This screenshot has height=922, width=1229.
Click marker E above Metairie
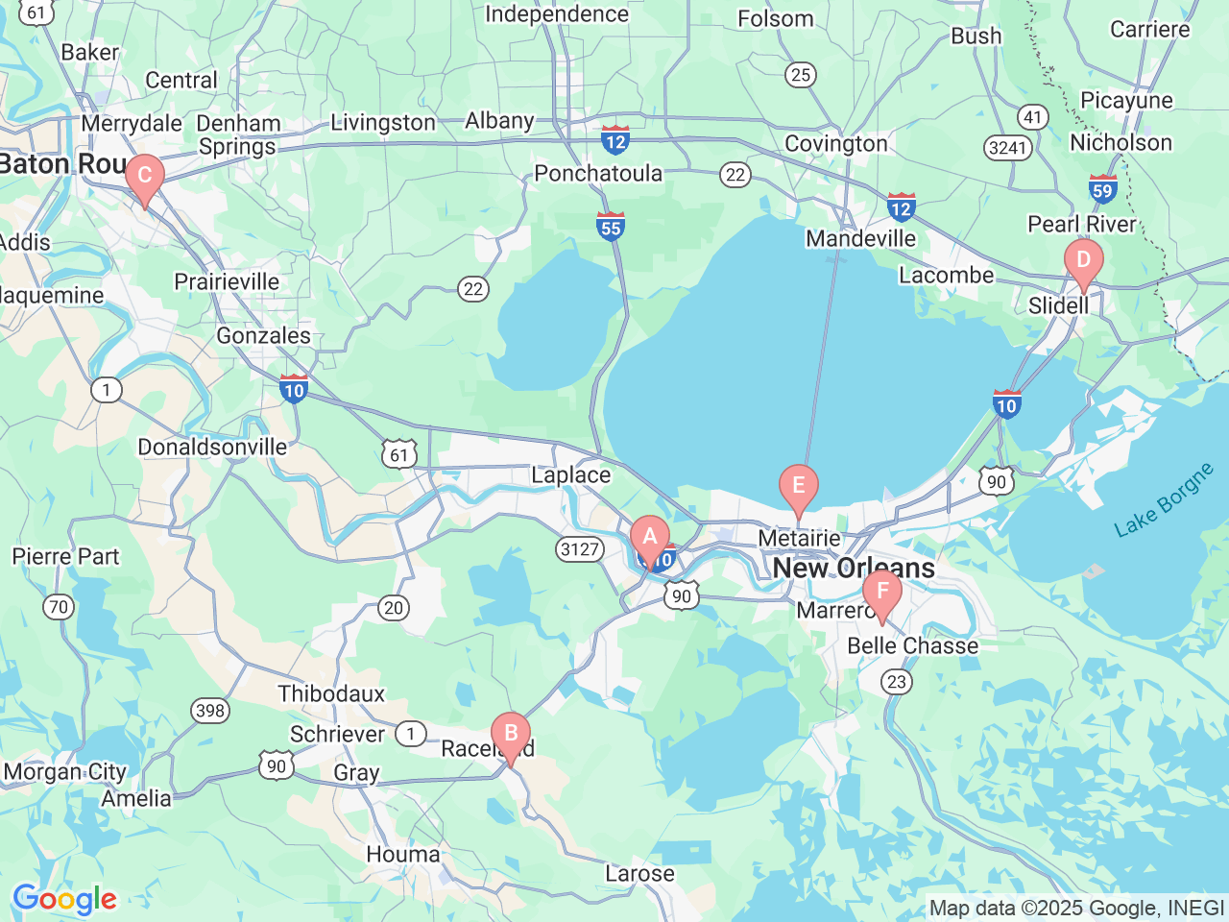coord(798,487)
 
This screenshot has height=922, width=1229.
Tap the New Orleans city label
coord(854,568)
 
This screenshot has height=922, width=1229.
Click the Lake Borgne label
coord(1164,500)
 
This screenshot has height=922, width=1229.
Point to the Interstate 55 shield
coord(611,226)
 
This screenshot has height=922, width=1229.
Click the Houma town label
coord(403,854)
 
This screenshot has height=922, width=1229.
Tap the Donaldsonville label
coord(212,447)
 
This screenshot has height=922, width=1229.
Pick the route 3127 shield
coord(580,549)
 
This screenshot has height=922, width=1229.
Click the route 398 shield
coord(209,711)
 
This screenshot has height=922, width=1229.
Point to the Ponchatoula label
coord(598,173)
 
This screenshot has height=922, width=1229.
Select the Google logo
coord(64,900)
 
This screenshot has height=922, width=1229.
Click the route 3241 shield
coord(1007,148)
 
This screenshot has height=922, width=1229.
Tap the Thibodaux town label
coord(331,693)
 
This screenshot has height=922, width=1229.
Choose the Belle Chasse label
coord(912,645)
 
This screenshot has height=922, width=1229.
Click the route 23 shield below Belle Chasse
coord(896,682)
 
